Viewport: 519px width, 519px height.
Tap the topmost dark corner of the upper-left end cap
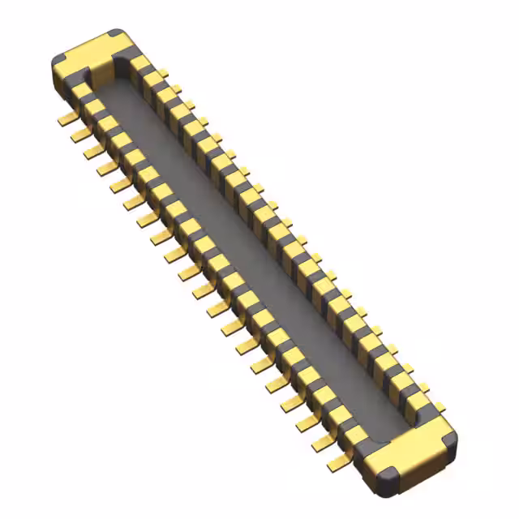pos(116,35)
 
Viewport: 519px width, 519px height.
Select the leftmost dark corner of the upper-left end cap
pos(58,62)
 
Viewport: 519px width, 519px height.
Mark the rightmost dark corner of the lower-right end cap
pos(448,439)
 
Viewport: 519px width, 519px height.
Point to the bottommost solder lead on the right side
pos(438,405)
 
